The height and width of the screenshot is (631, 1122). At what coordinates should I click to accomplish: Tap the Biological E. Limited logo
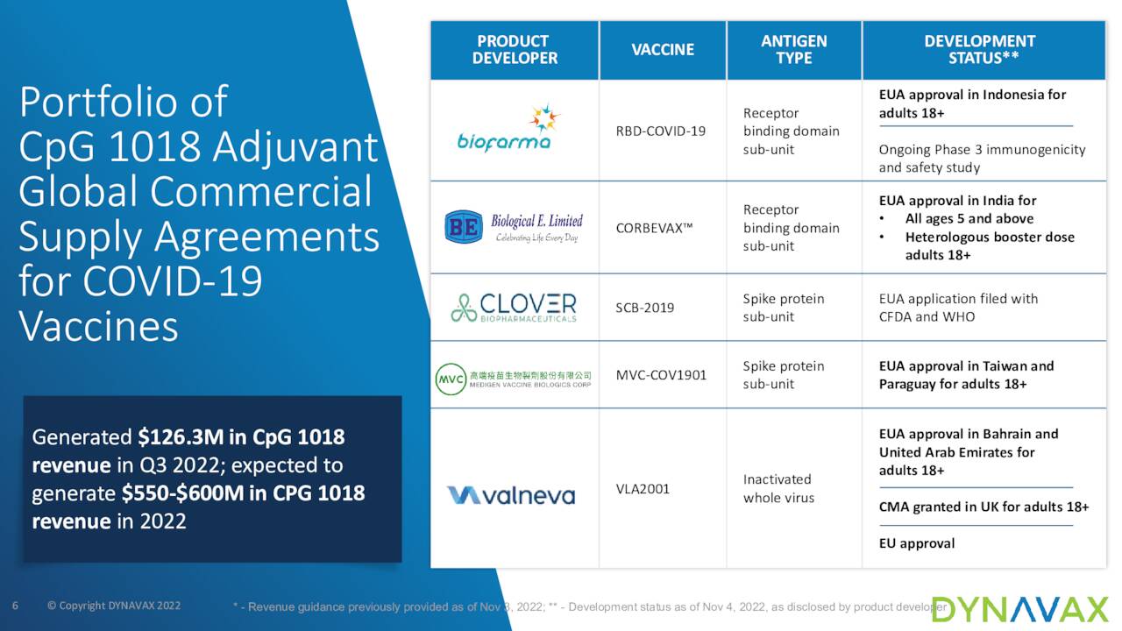click(514, 227)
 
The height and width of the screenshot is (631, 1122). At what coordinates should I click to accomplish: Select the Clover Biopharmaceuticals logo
click(514, 308)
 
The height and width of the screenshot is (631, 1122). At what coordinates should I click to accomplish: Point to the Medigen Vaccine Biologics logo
click(514, 379)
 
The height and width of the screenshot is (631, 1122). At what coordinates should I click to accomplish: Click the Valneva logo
click(511, 495)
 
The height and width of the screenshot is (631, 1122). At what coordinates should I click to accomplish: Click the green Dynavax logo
click(1020, 609)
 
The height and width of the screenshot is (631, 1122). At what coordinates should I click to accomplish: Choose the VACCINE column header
click(663, 50)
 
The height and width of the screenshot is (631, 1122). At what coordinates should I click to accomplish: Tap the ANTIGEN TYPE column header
click(794, 50)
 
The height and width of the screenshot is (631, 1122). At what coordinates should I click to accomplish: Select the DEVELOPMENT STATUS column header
click(980, 50)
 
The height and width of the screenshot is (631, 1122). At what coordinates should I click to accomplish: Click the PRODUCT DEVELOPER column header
click(515, 50)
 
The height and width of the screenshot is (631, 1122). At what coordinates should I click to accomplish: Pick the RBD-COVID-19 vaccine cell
click(661, 131)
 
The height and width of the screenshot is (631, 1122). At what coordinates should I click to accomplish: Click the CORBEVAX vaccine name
click(654, 229)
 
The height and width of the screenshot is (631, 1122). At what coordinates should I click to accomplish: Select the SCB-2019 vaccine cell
click(644, 308)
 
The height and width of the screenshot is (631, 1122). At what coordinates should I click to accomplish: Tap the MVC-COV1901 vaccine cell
click(661, 375)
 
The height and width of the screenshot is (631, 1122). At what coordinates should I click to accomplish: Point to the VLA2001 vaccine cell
click(643, 489)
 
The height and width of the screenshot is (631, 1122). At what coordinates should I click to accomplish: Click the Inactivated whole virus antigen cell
click(778, 489)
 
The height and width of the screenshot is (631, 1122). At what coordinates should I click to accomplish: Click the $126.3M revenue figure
click(181, 437)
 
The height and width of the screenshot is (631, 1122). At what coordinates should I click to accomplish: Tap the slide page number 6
click(15, 606)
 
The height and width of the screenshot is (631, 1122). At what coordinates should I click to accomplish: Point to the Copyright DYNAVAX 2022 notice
click(114, 606)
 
